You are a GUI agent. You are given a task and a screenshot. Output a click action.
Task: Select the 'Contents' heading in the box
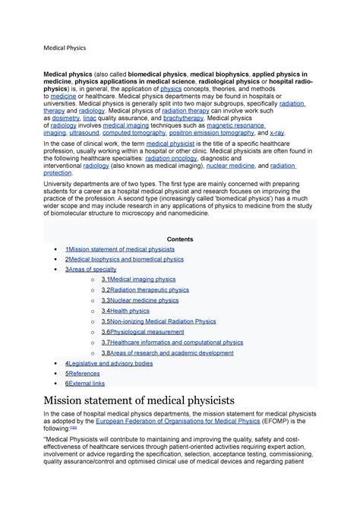tap(179, 239)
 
